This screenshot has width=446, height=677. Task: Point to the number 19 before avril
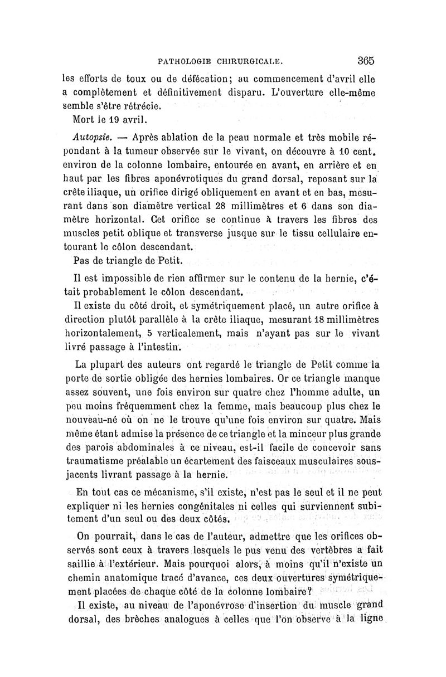115,119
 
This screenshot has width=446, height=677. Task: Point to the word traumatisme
96,461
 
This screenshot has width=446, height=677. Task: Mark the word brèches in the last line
125,620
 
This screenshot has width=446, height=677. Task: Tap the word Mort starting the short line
85,119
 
